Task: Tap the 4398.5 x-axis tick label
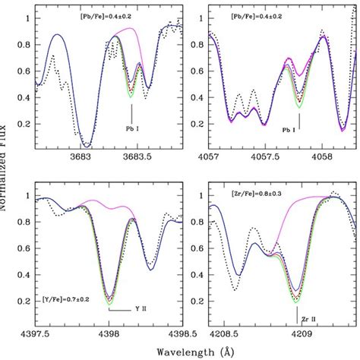coord(180,333)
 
